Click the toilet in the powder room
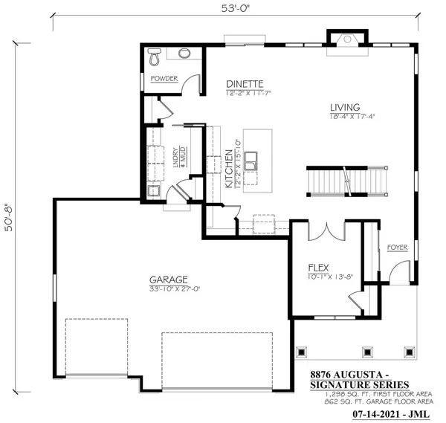(155, 56)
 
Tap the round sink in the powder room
(184, 53)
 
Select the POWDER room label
(164, 79)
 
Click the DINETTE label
(245, 84)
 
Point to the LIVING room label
(345, 107)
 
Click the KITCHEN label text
(229, 169)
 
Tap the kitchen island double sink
(251, 161)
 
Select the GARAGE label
(169, 280)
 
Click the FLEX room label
(319, 268)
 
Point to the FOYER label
(398, 248)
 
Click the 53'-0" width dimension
(235, 8)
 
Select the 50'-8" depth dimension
(9, 218)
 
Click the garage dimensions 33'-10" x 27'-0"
(175, 289)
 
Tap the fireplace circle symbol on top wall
(347, 39)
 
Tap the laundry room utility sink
(154, 191)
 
